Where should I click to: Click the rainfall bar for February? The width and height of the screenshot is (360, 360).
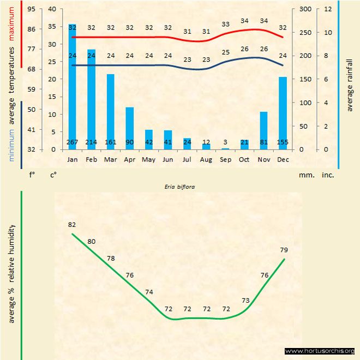pos(92,98)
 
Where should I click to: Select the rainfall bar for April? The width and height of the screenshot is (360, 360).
pos(130,128)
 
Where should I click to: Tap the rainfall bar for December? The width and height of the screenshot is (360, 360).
pos(283,112)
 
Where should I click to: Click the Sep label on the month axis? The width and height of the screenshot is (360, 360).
pos(225,159)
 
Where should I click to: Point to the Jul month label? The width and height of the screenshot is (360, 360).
pos(187,159)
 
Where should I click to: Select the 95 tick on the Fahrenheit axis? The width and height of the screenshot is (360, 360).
pos(31,9)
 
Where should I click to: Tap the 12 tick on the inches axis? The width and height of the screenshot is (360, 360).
pos(328,9)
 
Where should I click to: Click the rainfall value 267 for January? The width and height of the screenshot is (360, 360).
pos(73,143)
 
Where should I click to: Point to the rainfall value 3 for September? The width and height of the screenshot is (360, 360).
pos(225,143)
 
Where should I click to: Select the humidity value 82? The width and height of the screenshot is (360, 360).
pos(72,225)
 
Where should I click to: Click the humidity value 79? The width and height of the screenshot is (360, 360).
pos(284,250)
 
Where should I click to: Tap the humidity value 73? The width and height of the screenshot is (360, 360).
pos(245,301)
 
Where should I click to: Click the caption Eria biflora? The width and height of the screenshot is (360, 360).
pos(180,186)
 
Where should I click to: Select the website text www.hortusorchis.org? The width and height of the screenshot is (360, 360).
pos(320,351)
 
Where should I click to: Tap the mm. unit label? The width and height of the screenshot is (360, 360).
pos(305,175)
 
